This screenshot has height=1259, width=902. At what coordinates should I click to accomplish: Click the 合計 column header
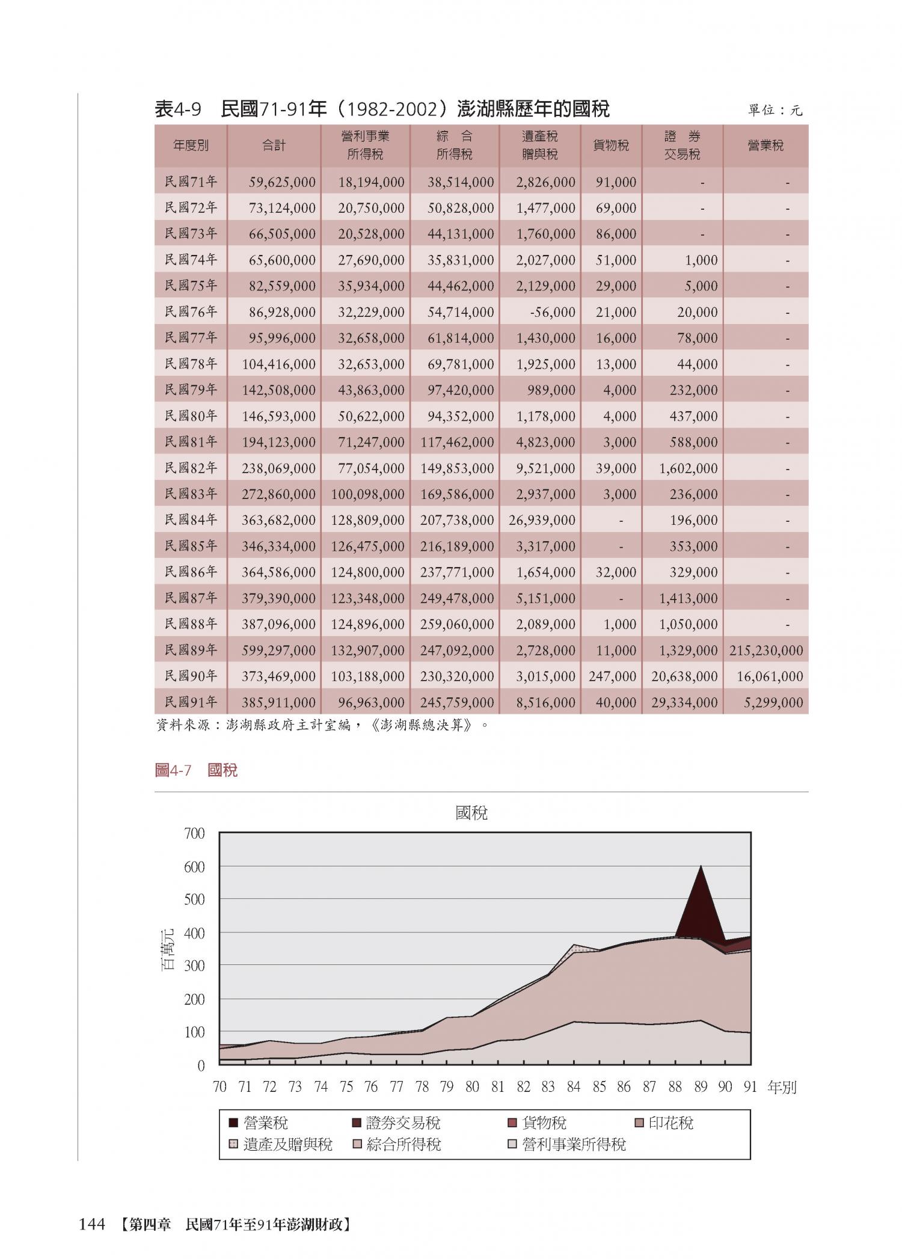[x=274, y=146]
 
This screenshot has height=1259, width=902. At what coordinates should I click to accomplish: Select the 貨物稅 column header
[x=611, y=146]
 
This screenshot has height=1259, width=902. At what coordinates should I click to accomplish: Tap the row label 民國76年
[x=191, y=311]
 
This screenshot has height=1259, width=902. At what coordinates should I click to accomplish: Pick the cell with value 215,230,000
[x=766, y=651]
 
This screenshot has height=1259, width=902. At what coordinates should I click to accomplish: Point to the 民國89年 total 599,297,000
[x=278, y=651]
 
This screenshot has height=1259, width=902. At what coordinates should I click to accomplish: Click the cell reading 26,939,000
[x=542, y=520]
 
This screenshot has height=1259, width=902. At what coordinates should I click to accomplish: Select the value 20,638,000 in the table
[x=684, y=676]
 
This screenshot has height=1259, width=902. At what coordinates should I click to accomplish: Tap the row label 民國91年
[x=191, y=702]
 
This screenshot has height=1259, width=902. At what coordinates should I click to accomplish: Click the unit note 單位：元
[x=775, y=111]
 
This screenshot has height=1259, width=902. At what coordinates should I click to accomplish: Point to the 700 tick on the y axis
[x=194, y=834]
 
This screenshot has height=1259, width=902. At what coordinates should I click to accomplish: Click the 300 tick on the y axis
[x=194, y=966]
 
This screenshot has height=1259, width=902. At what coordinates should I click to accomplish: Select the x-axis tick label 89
[x=700, y=1087]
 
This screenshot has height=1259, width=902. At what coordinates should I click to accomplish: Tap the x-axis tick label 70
[x=219, y=1087]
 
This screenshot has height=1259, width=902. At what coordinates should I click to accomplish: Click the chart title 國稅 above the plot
[x=471, y=813]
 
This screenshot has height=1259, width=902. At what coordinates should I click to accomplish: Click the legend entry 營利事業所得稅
[x=574, y=1144]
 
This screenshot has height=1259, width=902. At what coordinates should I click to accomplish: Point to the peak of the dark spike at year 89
[x=701, y=867]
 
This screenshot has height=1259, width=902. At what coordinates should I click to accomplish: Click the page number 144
[x=92, y=1224]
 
